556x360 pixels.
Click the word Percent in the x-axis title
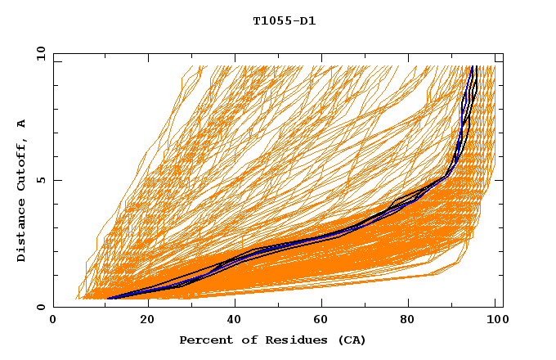(x=204, y=340)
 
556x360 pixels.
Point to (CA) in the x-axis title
(x=350, y=340)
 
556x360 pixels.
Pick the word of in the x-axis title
(x=243, y=340)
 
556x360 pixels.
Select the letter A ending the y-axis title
(x=22, y=124)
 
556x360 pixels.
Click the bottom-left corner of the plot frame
(x=54, y=308)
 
